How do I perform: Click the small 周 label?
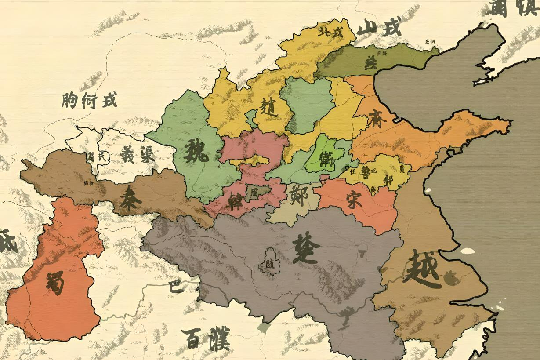pos(254,192)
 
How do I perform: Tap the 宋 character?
pos(354,200)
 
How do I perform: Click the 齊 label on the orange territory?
pos(377,119)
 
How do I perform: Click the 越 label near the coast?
pos(422,267)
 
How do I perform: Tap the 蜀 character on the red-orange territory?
pos(55,283)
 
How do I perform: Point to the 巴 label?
pos(174,287)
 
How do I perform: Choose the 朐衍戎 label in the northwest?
pos(89,101)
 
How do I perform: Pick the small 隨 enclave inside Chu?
pos(268,263)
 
